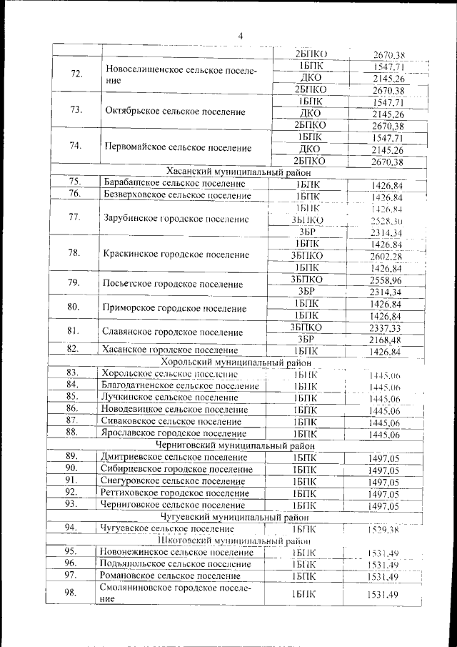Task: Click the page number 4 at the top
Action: click(x=241, y=36)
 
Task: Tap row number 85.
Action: click(x=71, y=397)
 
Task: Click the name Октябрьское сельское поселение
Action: click(x=175, y=112)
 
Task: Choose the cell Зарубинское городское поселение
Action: click(x=175, y=219)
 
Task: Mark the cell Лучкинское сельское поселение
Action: click(x=170, y=397)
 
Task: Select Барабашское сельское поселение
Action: click(x=174, y=184)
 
